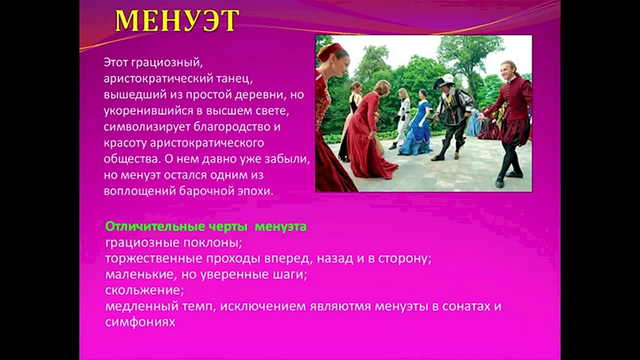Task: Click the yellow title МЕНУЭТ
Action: click(x=177, y=21)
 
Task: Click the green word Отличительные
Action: click(x=155, y=226)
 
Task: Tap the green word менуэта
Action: click(x=280, y=227)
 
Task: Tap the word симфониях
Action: click(x=140, y=322)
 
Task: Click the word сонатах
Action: click(x=467, y=307)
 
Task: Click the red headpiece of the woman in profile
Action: click(x=330, y=51)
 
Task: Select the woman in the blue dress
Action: click(x=417, y=124)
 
